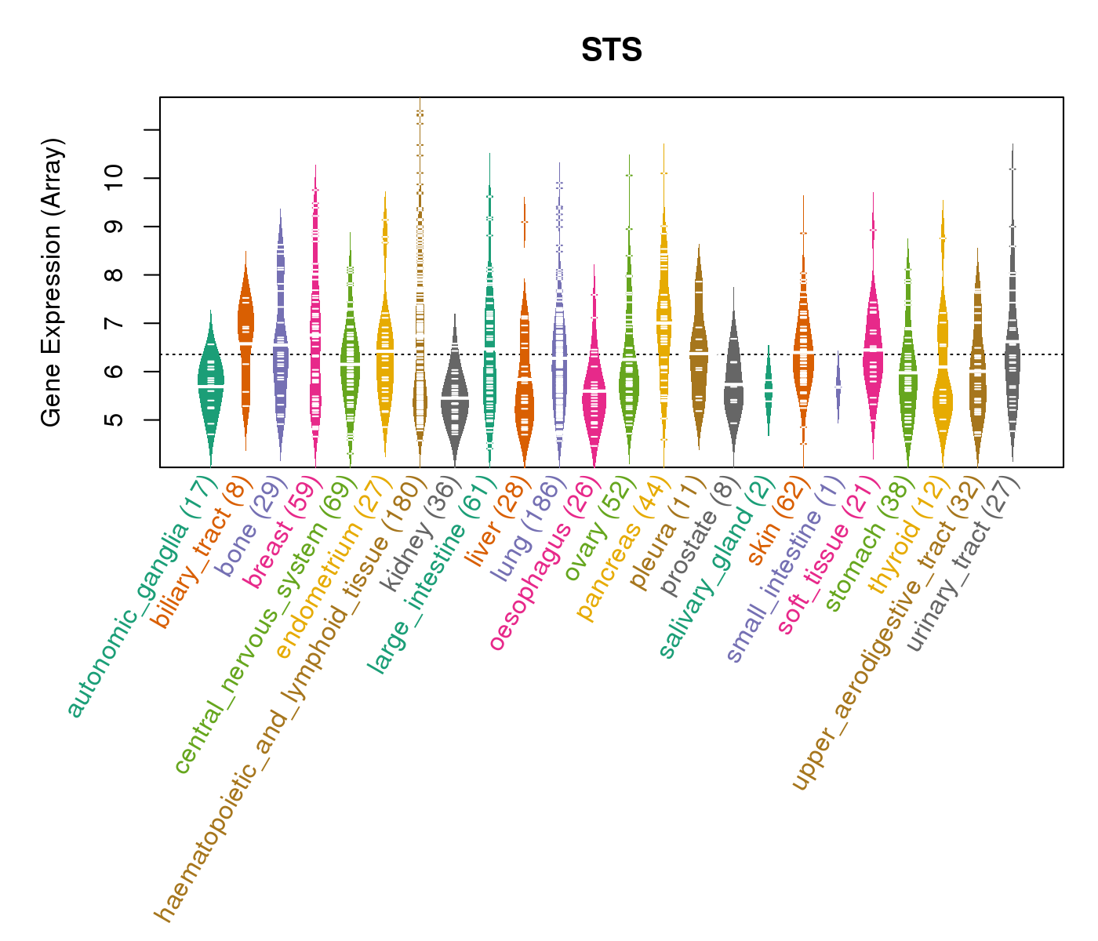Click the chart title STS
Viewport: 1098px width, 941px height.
pyautogui.click(x=612, y=51)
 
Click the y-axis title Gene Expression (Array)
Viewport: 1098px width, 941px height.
pyautogui.click(x=52, y=282)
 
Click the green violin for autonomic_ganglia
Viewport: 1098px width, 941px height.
pyautogui.click(x=210, y=384)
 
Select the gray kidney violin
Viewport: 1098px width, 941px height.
pyautogui.click(x=455, y=400)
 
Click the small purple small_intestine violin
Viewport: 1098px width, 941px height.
pyautogui.click(x=838, y=388)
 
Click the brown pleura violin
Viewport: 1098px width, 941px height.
pyautogui.click(x=698, y=345)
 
